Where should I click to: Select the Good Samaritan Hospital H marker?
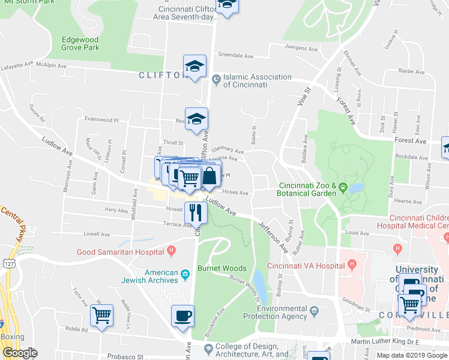(171, 250)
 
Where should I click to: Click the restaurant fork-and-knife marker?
(196, 212)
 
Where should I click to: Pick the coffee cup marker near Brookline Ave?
(182, 316)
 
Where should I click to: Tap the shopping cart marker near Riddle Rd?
(101, 315)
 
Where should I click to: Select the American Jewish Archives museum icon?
(185, 275)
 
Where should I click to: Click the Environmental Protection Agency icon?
(314, 312)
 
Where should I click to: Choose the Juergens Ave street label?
(300, 47)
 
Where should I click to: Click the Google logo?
(20, 353)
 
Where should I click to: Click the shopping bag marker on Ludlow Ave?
(210, 175)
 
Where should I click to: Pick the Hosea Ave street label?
(235, 193)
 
